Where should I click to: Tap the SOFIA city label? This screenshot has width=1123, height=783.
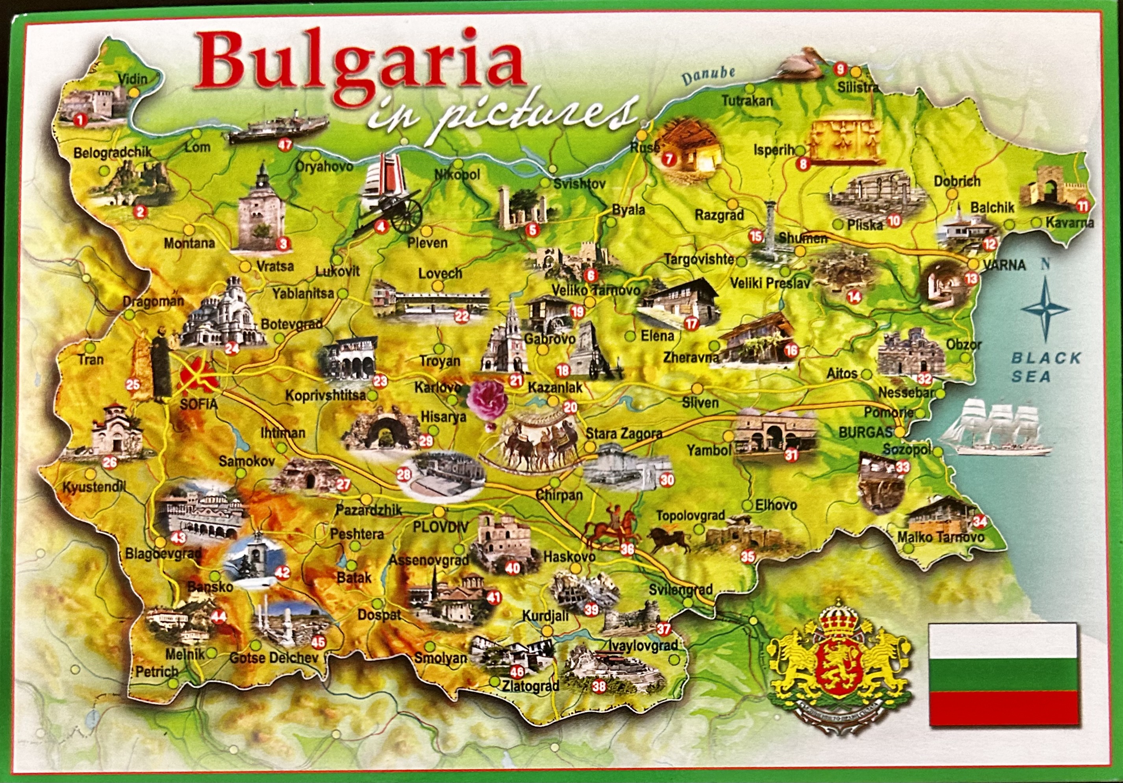198,404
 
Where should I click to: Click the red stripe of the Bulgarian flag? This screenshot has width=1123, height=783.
1003,708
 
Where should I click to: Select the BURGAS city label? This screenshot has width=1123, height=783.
865,432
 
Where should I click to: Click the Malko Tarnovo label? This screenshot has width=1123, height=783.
940,537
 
